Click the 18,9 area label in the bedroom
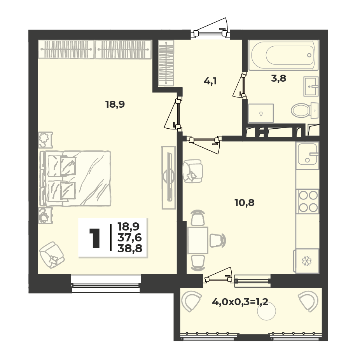tap(115, 105)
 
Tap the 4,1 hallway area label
tap(210, 81)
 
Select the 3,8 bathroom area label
tap(278, 79)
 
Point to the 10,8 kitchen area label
tap(245, 203)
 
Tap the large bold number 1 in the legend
tap(94, 238)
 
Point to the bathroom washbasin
tap(311, 86)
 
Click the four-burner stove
tap(308, 201)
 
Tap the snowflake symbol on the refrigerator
tap(306, 261)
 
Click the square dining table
tap(197, 240)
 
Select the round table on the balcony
tap(267, 311)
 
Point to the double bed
tap(75, 178)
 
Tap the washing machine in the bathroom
tap(261, 113)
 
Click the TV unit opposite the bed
tap(169, 178)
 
